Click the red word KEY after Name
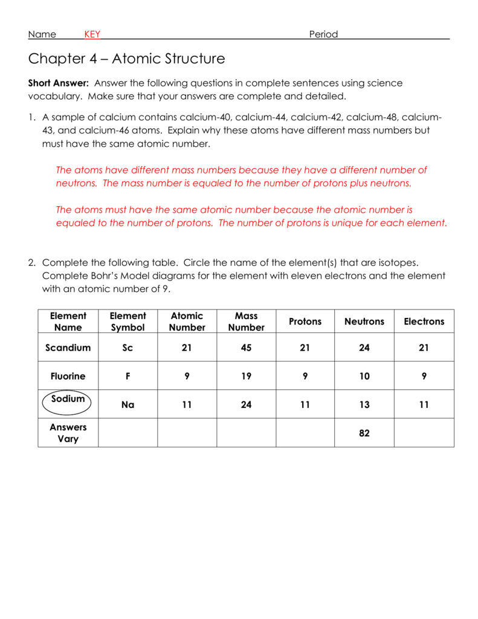coord(92,34)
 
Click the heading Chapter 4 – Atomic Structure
coord(126,59)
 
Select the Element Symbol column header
coord(128,322)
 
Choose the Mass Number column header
coord(246,322)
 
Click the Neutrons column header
coord(364,322)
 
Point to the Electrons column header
coord(424,322)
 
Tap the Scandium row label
coord(68,348)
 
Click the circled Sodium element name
coord(68,399)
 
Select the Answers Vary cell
coord(68,433)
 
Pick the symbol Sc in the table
coord(128,348)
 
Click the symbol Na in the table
coord(128,405)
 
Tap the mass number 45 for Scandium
coord(246,348)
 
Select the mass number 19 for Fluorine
coord(246,376)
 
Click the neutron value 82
coord(364,433)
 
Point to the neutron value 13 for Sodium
coord(364,405)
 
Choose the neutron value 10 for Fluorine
coord(364,376)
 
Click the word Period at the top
coord(323,34)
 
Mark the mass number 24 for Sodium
coord(246,405)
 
